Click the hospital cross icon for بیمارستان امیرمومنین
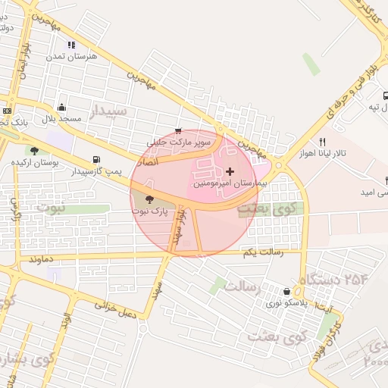pyautogui.click(x=230, y=171)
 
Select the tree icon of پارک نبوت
pyautogui.click(x=148, y=200)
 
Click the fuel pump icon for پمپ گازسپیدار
pyautogui.click(x=95, y=160)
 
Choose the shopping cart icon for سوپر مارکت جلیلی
pyautogui.click(x=178, y=131)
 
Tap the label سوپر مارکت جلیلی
pyautogui.click(x=178, y=142)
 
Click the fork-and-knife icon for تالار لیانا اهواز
pyautogui.click(x=322, y=142)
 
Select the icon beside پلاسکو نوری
pyautogui.click(x=286, y=291)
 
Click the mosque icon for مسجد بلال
pyautogui.click(x=61, y=108)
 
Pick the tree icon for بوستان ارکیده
pyautogui.click(x=35, y=150)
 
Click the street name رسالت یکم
pyautogui.click(x=264, y=252)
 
